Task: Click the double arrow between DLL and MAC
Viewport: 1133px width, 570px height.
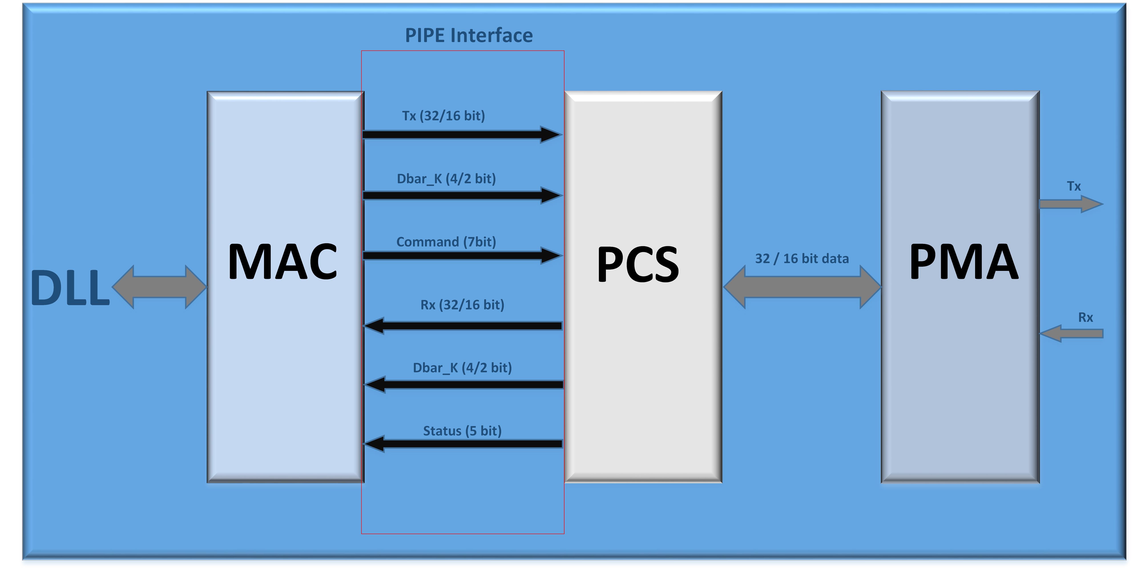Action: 159,287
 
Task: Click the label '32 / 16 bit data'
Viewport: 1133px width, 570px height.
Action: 802,259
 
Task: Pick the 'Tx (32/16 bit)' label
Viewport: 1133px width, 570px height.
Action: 443,116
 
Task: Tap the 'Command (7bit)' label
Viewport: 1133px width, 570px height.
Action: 446,242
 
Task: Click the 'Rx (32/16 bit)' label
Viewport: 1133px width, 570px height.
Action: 462,305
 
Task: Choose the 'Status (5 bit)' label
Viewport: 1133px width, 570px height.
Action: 462,431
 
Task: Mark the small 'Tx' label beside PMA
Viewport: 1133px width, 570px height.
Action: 1074,187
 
